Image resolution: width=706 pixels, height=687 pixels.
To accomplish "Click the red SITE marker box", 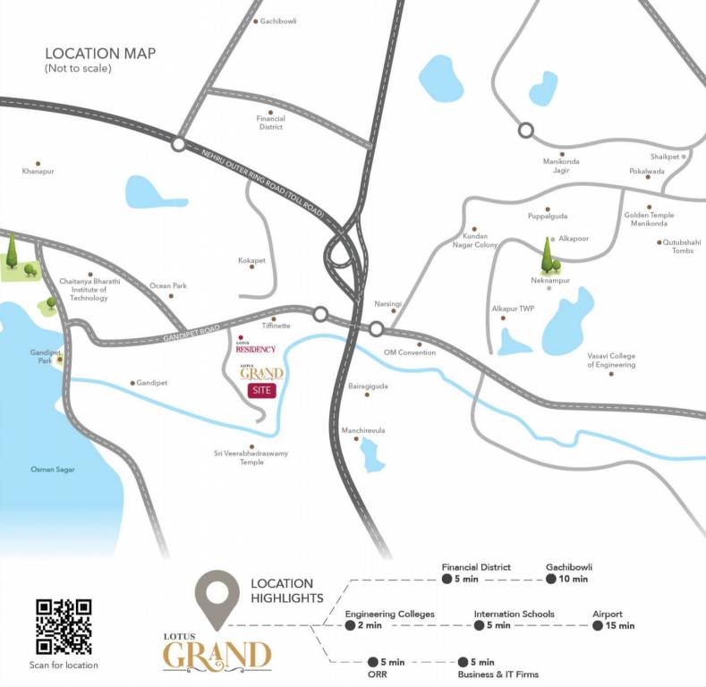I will coord(262,390).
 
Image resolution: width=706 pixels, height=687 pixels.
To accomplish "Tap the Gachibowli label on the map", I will coord(278,21).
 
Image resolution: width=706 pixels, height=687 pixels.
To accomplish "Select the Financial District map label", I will coord(270,123).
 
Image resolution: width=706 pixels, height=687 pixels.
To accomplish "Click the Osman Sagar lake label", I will coord(54,469).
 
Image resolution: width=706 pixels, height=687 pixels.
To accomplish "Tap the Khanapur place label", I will coord(38,170).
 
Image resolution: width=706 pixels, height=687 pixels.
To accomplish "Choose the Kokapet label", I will coord(251,260).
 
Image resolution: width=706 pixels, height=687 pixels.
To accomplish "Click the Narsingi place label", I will coord(387,304).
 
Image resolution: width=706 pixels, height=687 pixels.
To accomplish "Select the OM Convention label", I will coord(410,352).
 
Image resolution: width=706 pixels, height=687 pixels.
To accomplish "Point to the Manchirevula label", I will coord(362,430).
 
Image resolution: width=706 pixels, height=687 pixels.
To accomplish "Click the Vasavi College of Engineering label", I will coord(611,360).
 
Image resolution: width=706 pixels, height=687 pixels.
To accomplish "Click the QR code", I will coord(64,626).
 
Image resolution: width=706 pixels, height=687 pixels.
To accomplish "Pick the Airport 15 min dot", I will coord(598,625).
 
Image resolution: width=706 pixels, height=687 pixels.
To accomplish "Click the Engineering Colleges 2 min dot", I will coord(350,625).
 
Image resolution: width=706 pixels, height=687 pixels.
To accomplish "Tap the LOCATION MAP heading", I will coord(93,53).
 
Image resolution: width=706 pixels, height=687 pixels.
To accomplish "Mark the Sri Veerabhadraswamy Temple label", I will coord(251,458).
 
